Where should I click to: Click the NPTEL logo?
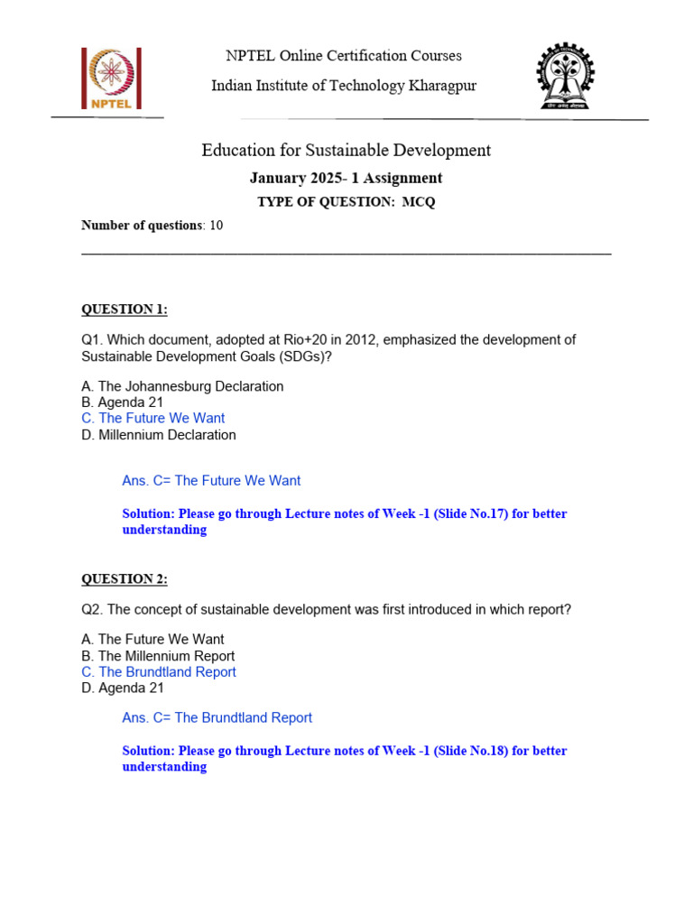click(111, 79)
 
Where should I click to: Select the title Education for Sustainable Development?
click(346, 151)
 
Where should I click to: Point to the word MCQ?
click(418, 202)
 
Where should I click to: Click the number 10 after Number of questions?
click(216, 226)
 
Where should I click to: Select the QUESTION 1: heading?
click(125, 310)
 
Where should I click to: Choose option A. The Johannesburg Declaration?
click(182, 386)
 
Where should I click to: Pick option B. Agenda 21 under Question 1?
click(122, 402)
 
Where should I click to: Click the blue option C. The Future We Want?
click(152, 419)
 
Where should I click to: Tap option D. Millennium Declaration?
click(159, 435)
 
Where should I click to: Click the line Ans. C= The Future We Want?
click(211, 481)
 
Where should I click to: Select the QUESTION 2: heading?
click(125, 579)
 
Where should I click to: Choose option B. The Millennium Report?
click(158, 656)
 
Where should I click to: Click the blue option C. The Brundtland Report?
click(159, 672)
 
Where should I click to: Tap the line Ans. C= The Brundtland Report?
click(217, 718)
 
